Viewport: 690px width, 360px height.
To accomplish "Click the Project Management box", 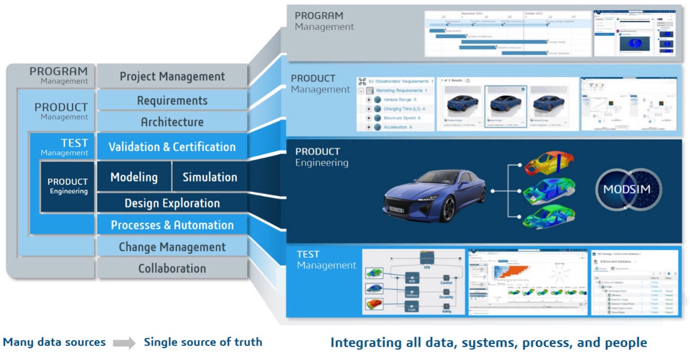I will tap(172, 76).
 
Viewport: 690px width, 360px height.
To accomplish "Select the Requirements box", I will tap(172, 101).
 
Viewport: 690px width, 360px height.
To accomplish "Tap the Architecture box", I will tap(172, 122).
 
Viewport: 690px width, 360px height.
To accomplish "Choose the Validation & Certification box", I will tap(172, 147).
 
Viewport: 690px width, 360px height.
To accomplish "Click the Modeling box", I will tap(134, 177).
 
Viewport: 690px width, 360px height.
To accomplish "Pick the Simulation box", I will tap(209, 177).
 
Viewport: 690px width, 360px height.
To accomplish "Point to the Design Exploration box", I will tap(172, 203).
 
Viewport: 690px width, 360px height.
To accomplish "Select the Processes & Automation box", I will tap(172, 225).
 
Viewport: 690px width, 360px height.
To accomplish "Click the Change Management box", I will tap(172, 247).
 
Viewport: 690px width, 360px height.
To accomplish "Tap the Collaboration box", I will tap(172, 268).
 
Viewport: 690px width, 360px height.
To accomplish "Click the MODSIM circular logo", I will tap(628, 189).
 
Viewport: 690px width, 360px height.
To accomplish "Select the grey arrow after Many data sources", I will tap(124, 343).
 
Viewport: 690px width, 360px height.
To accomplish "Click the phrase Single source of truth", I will tap(203, 342).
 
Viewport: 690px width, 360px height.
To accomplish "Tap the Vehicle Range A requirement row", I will tap(400, 100).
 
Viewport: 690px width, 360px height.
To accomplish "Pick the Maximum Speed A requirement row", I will tap(402, 118).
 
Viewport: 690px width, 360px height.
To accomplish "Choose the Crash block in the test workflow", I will tap(412, 307).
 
